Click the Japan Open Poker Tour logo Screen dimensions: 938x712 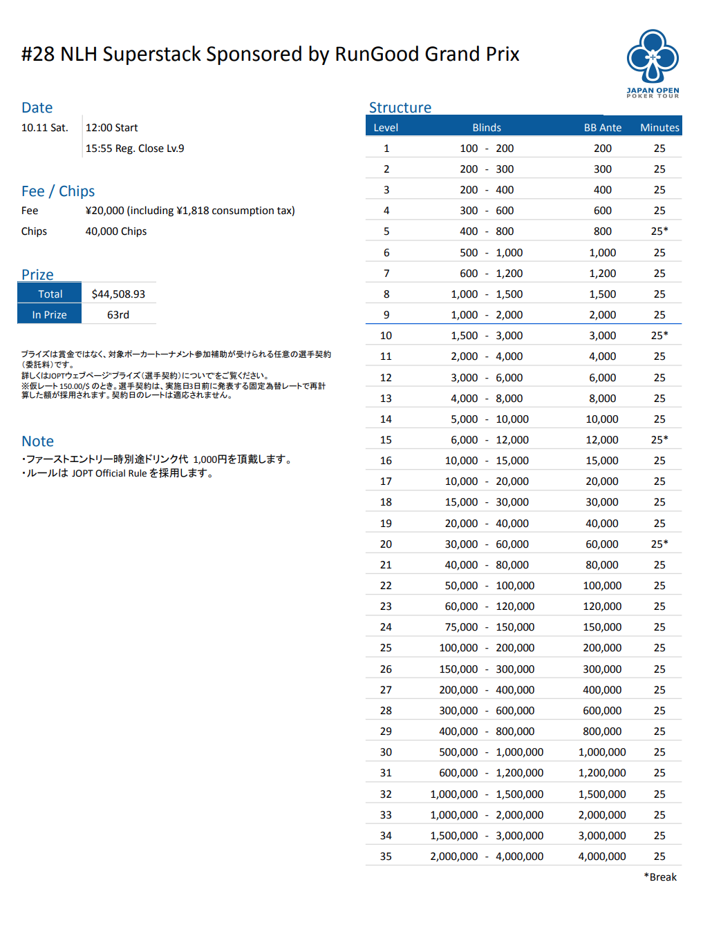point(653,63)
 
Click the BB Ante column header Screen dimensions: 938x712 point(602,128)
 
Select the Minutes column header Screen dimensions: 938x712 point(659,128)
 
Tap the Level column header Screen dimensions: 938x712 point(386,128)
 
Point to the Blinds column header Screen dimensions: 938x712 point(487,128)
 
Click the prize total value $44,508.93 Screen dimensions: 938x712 point(118,294)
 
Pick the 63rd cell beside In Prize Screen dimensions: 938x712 point(118,315)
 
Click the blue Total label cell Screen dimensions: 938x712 point(50,294)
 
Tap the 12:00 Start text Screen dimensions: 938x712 point(112,128)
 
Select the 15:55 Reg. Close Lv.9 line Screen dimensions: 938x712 point(135,149)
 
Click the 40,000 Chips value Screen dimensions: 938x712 point(116,231)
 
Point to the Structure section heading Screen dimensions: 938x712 point(400,108)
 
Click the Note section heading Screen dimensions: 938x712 point(37,441)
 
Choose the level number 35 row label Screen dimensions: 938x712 point(386,856)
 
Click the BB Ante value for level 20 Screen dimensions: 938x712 point(602,544)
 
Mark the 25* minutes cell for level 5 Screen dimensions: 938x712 point(659,231)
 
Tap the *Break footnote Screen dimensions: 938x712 point(660,877)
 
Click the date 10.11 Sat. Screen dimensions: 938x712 point(45,128)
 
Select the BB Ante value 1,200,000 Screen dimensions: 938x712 point(602,773)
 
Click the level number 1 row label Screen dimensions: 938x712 point(386,149)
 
